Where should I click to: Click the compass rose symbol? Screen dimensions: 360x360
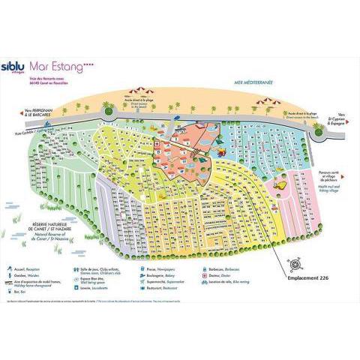[x=295, y=263]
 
